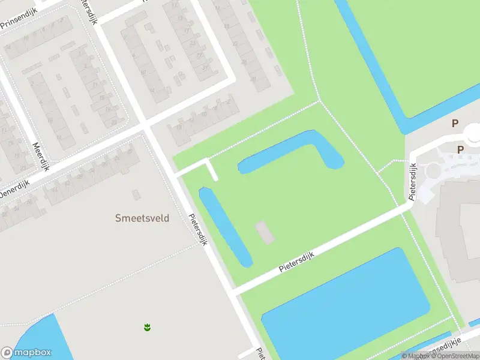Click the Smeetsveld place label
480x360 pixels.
click(x=142, y=218)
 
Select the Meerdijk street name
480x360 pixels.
click(x=40, y=156)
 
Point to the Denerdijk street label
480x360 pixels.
click(x=13, y=192)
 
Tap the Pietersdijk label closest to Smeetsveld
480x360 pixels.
click(x=197, y=230)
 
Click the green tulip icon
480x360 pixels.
click(x=146, y=327)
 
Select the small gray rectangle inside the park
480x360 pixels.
click(x=265, y=232)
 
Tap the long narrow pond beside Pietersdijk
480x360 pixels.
click(x=225, y=226)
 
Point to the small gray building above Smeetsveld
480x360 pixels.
click(x=136, y=194)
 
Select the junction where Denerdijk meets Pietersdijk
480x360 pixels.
click(x=145, y=127)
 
